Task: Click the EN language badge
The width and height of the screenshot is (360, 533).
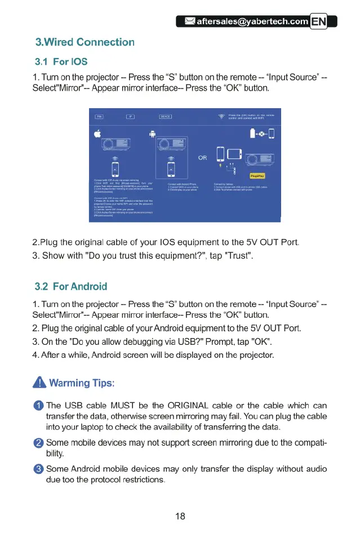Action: (x=319, y=22)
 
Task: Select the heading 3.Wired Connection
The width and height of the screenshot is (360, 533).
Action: (x=85, y=42)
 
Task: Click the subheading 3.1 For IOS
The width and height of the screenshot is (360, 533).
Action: (x=61, y=61)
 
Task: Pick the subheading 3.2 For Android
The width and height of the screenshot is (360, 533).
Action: (x=71, y=287)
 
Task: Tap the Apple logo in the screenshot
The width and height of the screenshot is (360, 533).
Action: (x=98, y=134)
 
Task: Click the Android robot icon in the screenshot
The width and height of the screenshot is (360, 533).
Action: (x=153, y=134)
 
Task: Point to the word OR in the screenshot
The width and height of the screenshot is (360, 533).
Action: (x=203, y=157)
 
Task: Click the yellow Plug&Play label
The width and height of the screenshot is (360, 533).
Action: (x=254, y=176)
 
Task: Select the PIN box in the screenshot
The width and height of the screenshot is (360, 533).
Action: (x=99, y=117)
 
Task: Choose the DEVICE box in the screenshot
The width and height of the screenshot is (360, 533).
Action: (x=165, y=117)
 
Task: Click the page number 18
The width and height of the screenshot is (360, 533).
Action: (x=180, y=516)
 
